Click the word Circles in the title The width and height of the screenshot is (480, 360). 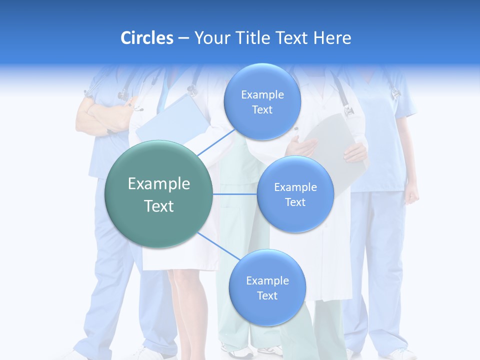pos(146,38)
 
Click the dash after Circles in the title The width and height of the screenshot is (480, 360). pos(183,38)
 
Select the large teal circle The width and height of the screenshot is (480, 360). pos(158,194)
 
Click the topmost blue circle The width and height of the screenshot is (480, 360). pos(262,102)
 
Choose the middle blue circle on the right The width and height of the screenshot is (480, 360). pos(295,194)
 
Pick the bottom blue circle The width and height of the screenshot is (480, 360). pos(267,288)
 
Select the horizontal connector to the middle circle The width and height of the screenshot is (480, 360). pos(234,194)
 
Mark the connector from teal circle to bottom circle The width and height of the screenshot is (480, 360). pos(218,246)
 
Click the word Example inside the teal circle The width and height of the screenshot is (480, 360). pos(158,184)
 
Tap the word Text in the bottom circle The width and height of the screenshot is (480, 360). pos(267,295)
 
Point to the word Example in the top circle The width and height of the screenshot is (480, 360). pos(262,94)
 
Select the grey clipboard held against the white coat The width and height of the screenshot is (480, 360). pos(335,145)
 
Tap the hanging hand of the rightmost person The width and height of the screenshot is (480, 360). pos(411,193)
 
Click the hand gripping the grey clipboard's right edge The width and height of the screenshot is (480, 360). pos(356,152)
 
